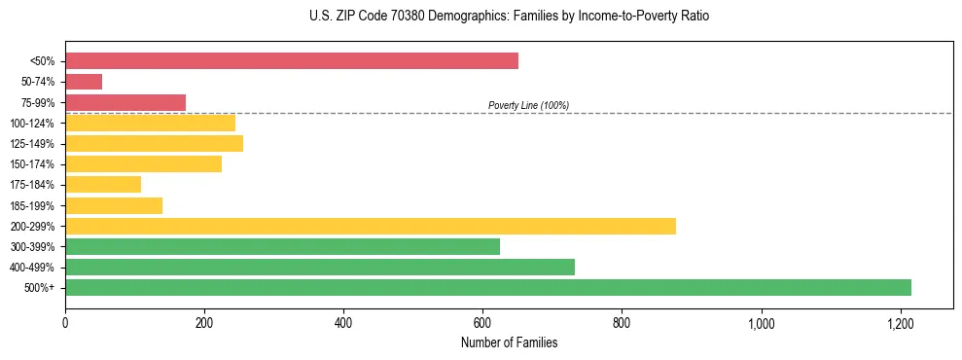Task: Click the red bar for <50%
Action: (x=292, y=61)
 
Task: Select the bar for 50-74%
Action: (x=84, y=82)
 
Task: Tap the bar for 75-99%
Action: (x=125, y=102)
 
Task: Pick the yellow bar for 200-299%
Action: (x=371, y=226)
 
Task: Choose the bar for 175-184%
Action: (x=103, y=184)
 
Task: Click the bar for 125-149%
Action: (x=154, y=143)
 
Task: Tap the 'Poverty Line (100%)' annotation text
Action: (x=528, y=105)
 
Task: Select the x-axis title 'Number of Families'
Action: (x=509, y=342)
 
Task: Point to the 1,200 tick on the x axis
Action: (x=901, y=323)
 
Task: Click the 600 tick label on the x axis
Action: (x=482, y=323)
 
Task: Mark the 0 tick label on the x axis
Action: (x=65, y=323)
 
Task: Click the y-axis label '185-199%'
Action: (x=32, y=205)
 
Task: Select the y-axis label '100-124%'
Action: (x=32, y=123)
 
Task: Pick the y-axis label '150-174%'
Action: (x=32, y=164)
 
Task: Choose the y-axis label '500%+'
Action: (x=40, y=288)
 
